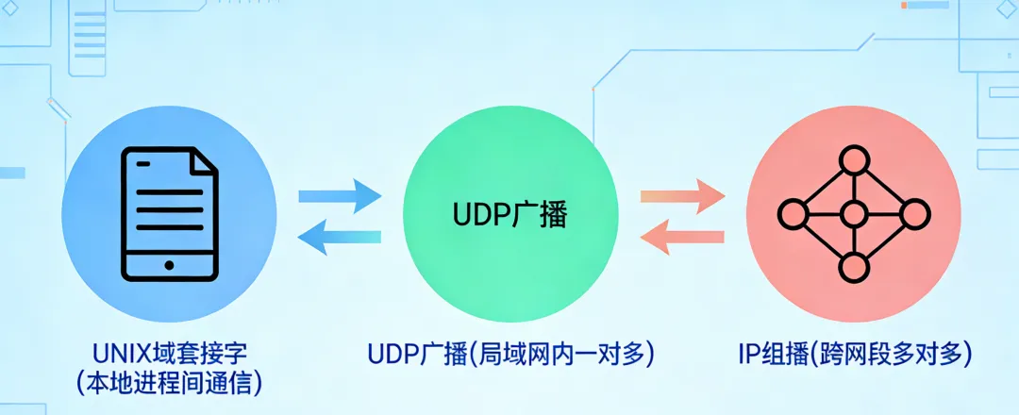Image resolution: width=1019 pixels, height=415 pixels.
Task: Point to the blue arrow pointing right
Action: (340, 196)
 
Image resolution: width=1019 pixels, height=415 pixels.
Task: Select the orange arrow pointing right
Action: (682, 196)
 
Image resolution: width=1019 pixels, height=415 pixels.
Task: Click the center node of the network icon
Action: (854, 214)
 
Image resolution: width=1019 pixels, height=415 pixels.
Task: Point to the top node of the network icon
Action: (854, 159)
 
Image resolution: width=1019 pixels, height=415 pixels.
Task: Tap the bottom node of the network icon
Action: (854, 269)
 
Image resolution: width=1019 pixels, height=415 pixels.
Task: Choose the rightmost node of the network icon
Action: (914, 214)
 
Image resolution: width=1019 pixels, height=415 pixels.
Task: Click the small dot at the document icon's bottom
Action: (170, 265)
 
